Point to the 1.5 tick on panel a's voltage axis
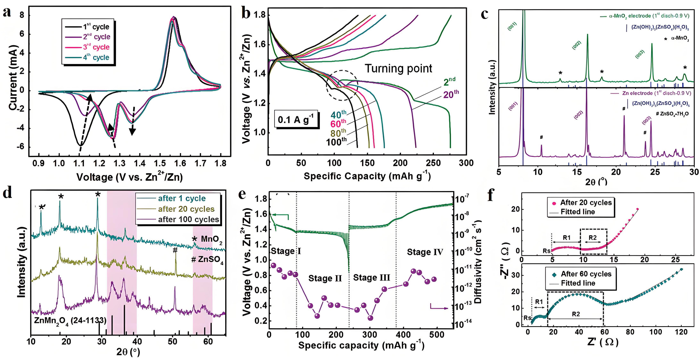click(x=160, y=163)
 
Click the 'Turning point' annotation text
click(x=398, y=68)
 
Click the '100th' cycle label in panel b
click(x=336, y=142)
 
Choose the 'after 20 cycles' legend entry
click(x=186, y=209)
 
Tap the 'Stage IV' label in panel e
click(x=425, y=252)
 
